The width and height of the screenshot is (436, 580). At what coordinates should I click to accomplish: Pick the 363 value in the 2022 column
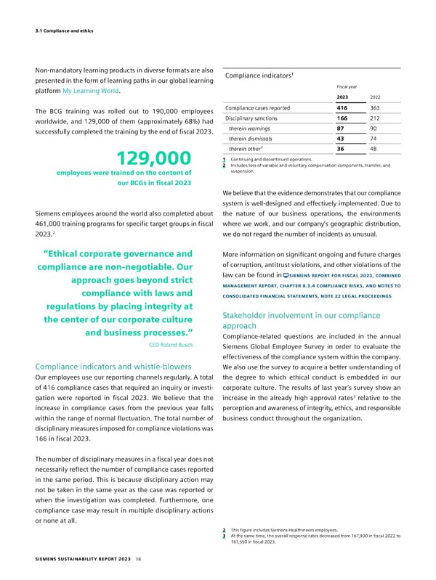pyautogui.click(x=376, y=108)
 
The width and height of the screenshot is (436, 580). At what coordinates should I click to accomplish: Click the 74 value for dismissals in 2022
pyautogui.click(x=374, y=139)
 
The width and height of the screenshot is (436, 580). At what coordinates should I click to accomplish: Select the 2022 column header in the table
pyautogui.click(x=376, y=97)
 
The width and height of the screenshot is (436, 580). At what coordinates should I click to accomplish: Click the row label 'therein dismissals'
pyautogui.click(x=251, y=139)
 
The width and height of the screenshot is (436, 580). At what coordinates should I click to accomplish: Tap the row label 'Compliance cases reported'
pyautogui.click(x=258, y=108)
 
